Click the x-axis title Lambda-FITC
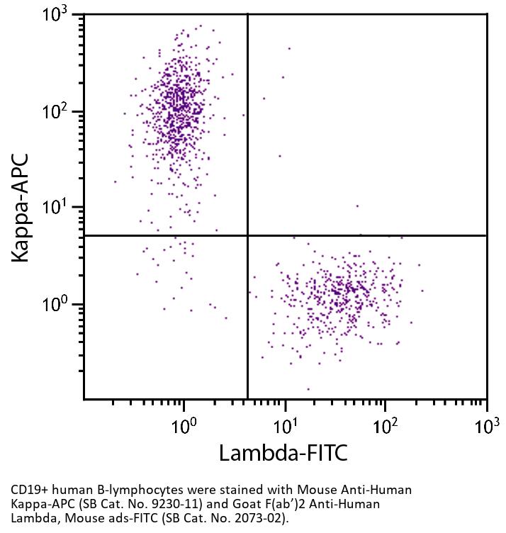point(283,452)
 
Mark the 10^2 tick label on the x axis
point(386,425)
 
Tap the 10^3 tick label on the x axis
point(486,425)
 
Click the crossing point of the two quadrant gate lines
point(247,235)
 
